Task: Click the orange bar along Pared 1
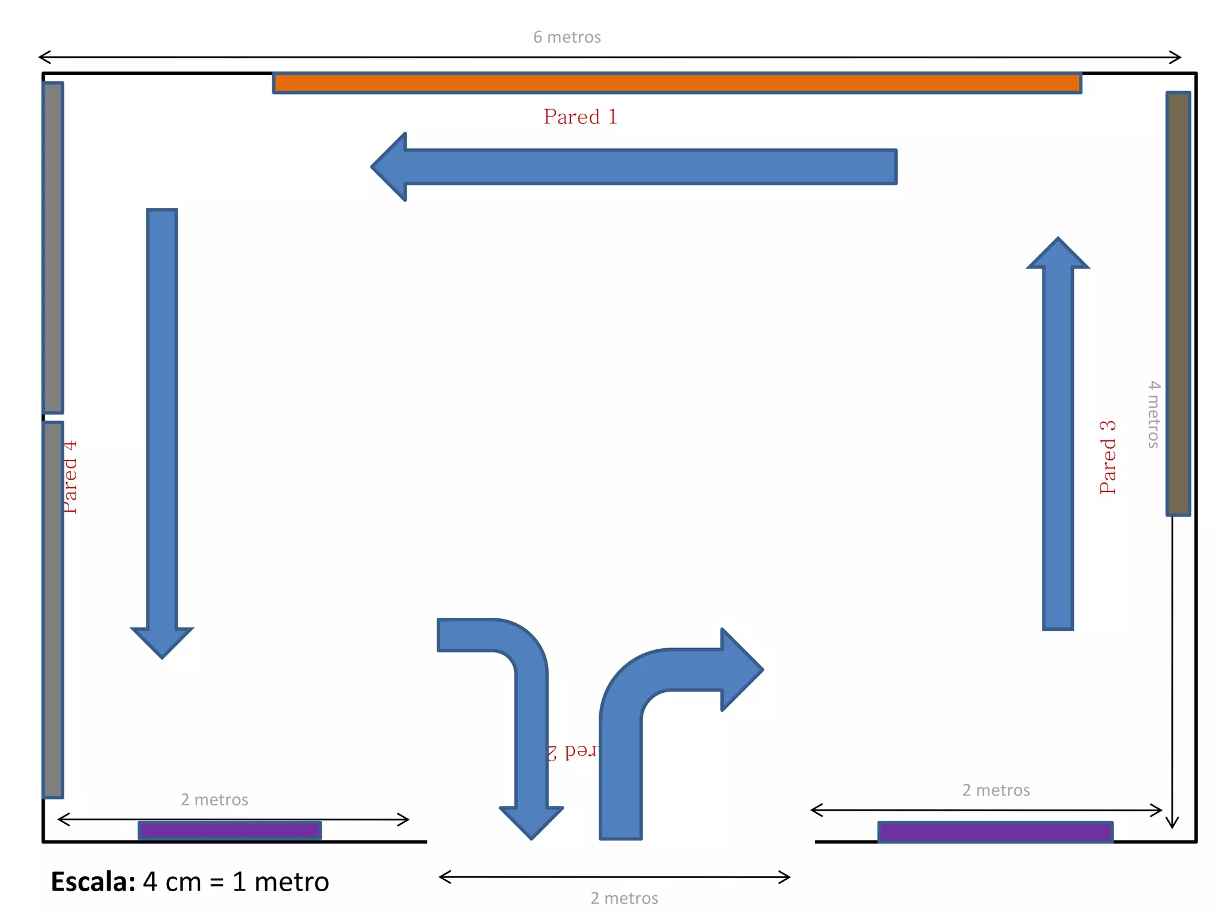click(677, 83)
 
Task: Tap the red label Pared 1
click(580, 117)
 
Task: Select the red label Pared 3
click(1108, 457)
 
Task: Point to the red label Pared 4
click(70, 477)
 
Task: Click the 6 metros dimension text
click(567, 37)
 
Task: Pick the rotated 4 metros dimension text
click(1154, 414)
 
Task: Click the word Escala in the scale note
click(93, 882)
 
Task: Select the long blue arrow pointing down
click(162, 429)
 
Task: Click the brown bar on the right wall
click(1178, 304)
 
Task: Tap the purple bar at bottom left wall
click(230, 830)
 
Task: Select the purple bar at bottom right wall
click(995, 832)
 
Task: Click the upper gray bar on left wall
click(53, 247)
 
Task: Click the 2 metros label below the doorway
click(624, 898)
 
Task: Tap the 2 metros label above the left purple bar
click(214, 799)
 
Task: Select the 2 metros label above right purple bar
click(996, 790)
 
